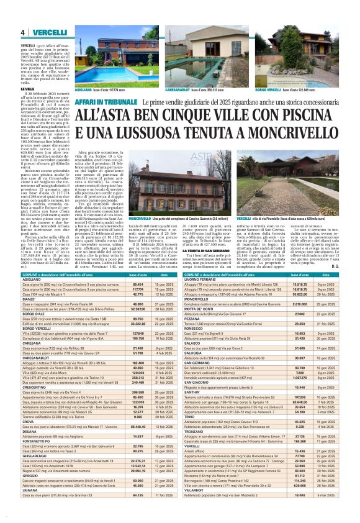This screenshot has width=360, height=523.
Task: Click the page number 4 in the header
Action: [22, 32]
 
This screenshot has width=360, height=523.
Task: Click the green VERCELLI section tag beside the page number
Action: [45, 32]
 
